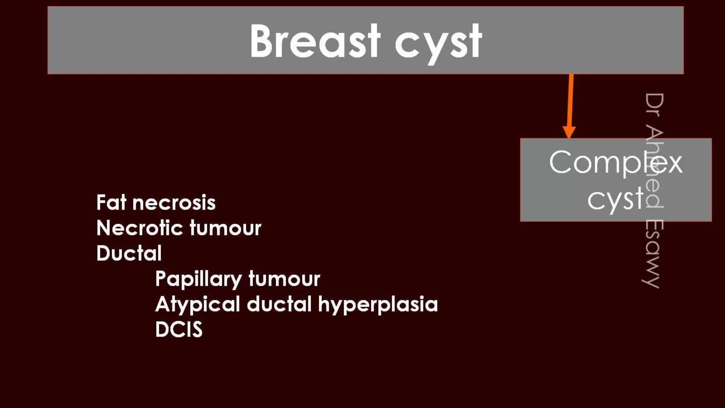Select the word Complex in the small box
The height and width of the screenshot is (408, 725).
(615, 163)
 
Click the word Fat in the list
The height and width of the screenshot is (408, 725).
(111, 203)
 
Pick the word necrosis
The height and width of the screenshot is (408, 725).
(174, 203)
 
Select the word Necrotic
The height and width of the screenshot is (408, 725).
(140, 228)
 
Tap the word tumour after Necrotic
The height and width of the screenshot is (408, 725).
(225, 228)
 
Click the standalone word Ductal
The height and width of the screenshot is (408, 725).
(129, 253)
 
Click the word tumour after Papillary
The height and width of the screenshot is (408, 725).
(284, 279)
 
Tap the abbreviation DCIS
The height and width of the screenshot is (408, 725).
(179, 329)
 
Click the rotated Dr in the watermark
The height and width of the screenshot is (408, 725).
(653, 105)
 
